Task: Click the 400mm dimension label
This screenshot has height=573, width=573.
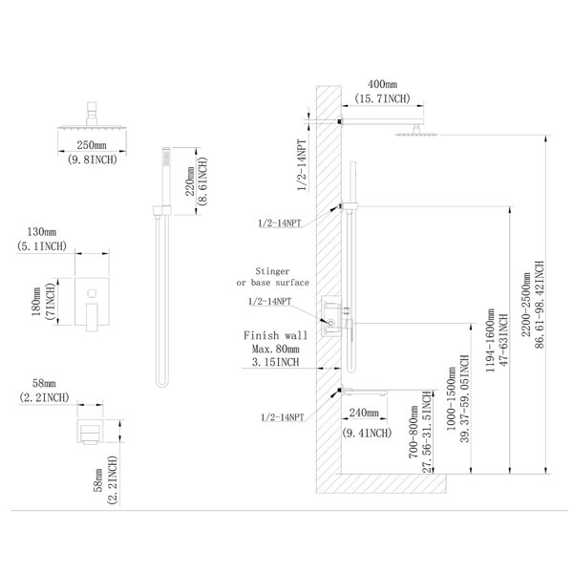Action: pyautogui.click(x=382, y=84)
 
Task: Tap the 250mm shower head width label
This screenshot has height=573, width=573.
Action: pyautogui.click(x=92, y=145)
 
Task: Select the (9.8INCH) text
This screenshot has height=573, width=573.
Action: pyautogui.click(x=92, y=159)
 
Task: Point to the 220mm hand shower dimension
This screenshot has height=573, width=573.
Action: pyautogui.click(x=190, y=181)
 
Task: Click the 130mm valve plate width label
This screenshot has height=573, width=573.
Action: pyautogui.click(x=42, y=232)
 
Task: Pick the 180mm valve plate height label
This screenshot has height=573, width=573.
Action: pyautogui.click(x=37, y=302)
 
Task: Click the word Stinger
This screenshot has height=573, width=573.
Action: pyautogui.click(x=272, y=271)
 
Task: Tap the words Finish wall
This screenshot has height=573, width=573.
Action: pyautogui.click(x=276, y=335)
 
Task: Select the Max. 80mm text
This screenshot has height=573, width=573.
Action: pyautogui.click(x=276, y=349)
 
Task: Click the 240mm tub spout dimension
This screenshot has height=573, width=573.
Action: pyautogui.click(x=364, y=413)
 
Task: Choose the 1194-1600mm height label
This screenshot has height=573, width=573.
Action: pyautogui.click(x=490, y=340)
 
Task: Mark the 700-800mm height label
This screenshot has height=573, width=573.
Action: pyautogui.click(x=414, y=432)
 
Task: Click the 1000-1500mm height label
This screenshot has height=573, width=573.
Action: pyautogui.click(x=451, y=398)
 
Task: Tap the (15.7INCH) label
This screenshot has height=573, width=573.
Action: pyautogui.click(x=382, y=98)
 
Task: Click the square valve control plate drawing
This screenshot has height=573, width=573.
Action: pyautogui.click(x=92, y=302)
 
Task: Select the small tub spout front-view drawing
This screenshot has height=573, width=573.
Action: pyautogui.click(x=90, y=432)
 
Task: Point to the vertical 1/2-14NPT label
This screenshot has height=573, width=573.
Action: pyautogui.click(x=302, y=165)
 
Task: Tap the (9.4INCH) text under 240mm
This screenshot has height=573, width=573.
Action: pyautogui.click(x=367, y=433)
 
